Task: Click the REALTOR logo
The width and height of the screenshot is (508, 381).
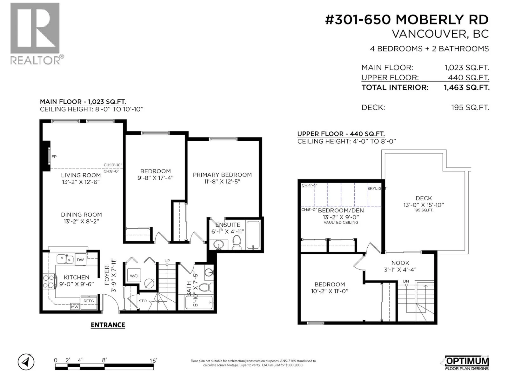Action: (x=37, y=34)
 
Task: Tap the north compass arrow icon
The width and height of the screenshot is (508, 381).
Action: (x=26, y=362)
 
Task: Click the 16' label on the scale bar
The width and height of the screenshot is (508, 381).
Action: (x=153, y=360)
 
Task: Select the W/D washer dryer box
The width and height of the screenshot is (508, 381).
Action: (x=134, y=276)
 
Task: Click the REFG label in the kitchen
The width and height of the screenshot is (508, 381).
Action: (x=89, y=301)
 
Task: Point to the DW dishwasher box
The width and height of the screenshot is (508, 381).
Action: (x=80, y=259)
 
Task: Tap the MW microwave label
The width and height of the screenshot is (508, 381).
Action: (x=75, y=307)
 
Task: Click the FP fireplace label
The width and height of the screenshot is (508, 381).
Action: (x=54, y=157)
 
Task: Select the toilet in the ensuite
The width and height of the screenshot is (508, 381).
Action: (x=237, y=242)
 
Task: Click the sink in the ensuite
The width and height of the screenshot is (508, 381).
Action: (x=218, y=244)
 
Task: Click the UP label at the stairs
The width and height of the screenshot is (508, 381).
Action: (x=167, y=261)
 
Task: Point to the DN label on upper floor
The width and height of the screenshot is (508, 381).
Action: (x=406, y=281)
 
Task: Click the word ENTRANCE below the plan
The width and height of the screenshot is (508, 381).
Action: (x=108, y=325)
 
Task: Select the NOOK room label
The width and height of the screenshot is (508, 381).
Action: (x=400, y=263)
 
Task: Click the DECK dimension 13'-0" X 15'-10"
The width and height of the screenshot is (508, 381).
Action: (x=424, y=205)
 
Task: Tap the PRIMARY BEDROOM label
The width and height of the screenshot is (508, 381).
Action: (x=222, y=175)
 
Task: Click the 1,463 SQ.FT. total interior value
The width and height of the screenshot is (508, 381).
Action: (x=467, y=87)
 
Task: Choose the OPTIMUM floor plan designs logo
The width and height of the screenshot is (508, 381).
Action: (x=467, y=363)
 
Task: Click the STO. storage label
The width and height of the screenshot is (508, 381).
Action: (x=143, y=301)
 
